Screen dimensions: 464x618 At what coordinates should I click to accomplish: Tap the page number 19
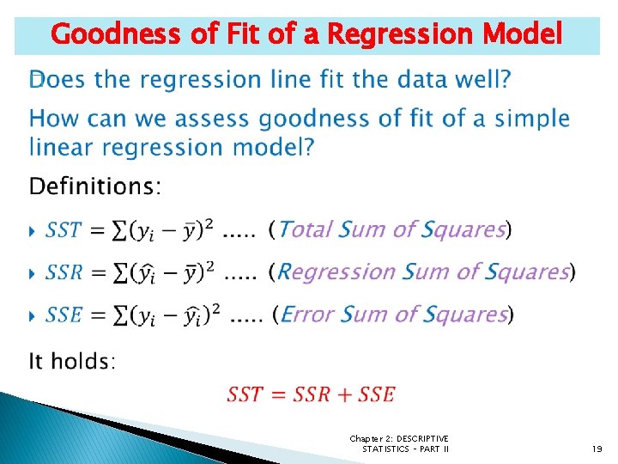[597, 448]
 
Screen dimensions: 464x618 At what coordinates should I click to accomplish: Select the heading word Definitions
[94, 186]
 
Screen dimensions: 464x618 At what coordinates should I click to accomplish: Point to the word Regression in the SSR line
[338, 272]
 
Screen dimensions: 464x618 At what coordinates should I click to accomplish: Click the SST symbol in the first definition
[64, 230]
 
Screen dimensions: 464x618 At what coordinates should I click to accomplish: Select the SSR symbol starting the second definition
[64, 272]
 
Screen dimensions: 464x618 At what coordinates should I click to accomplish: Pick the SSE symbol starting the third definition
[64, 315]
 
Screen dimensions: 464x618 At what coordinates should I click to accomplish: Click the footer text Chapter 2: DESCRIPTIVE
[398, 438]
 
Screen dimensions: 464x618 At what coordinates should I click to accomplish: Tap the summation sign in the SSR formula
[124, 272]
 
